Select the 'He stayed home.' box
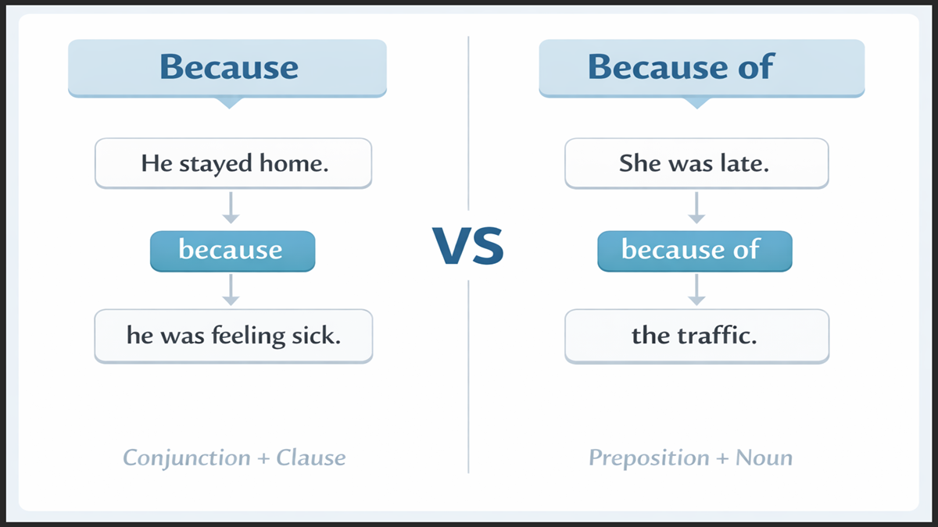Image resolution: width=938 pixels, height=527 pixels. [x=233, y=163]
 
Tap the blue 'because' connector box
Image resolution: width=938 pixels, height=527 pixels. [x=232, y=251]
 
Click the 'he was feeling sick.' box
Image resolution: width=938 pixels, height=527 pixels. [x=233, y=336]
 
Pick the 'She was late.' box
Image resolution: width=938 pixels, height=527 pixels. [x=696, y=163]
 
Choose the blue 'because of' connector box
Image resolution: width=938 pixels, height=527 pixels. [x=694, y=251]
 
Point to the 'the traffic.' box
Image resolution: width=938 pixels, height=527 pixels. [x=696, y=336]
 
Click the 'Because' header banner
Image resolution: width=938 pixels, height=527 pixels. [x=227, y=67]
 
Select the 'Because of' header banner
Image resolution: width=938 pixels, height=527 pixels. [x=701, y=67]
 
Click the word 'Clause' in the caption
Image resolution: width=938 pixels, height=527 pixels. [x=310, y=458]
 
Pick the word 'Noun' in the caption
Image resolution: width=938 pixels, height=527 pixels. [x=764, y=458]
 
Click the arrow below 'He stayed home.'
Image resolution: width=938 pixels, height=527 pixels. [x=231, y=208]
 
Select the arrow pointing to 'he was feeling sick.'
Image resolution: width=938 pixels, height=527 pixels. [x=231, y=290]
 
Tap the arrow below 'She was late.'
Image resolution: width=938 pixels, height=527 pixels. [x=695, y=208]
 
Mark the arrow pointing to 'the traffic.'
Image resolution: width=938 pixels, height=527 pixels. [x=695, y=290]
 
